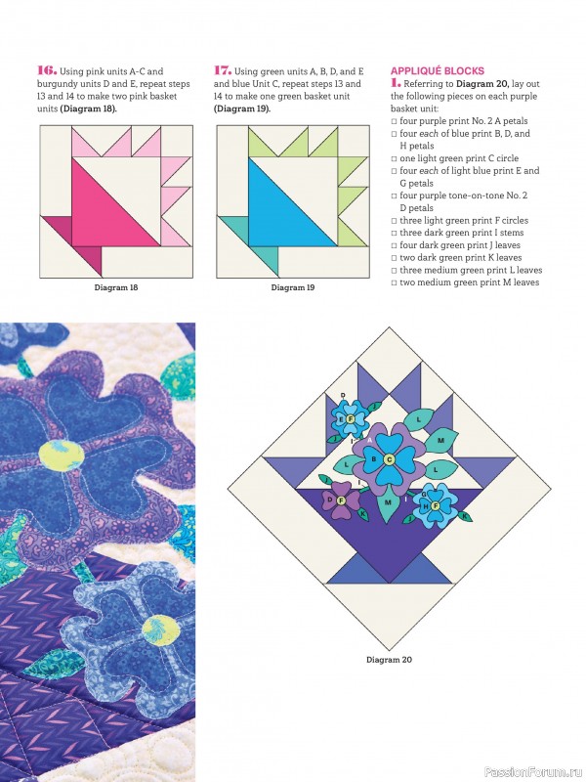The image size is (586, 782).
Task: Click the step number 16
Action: coord(47,70)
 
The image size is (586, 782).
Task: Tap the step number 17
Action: coord(223,70)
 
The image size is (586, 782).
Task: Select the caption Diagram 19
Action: coord(293,288)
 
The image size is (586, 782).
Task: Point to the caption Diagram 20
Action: coord(389,659)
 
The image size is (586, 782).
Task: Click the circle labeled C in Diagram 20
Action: coord(389,459)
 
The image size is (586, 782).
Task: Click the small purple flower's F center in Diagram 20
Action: coord(341,500)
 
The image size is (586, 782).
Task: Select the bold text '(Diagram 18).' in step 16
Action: coord(88,109)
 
